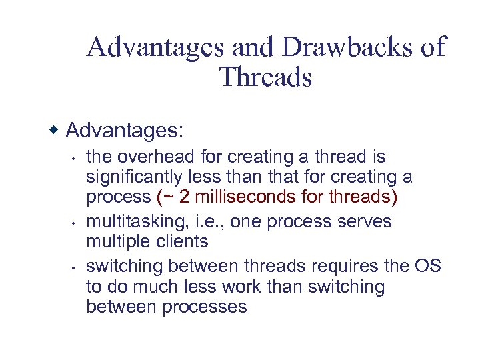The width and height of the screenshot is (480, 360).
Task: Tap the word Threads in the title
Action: click(x=265, y=77)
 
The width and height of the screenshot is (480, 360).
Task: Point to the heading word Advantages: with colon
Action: click(x=124, y=129)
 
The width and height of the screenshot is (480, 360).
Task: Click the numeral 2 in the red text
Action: click(x=184, y=197)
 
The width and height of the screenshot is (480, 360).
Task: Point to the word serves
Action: click(x=367, y=221)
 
